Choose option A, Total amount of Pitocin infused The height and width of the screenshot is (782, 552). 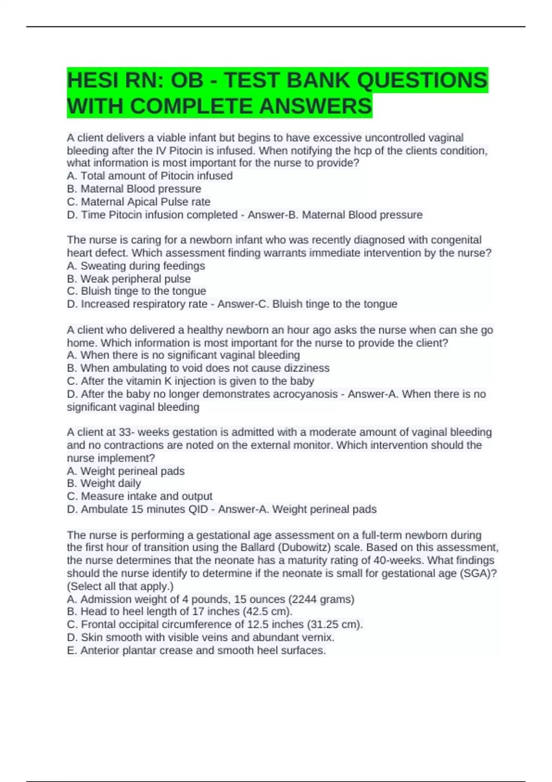[x=149, y=176]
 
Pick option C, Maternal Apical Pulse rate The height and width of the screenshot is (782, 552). [x=138, y=201]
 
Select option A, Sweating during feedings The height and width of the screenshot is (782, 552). [x=136, y=265]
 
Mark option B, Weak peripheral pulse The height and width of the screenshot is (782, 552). [x=128, y=279]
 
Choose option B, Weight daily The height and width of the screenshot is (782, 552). [x=103, y=483]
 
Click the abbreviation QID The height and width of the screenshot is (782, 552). [x=198, y=509]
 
